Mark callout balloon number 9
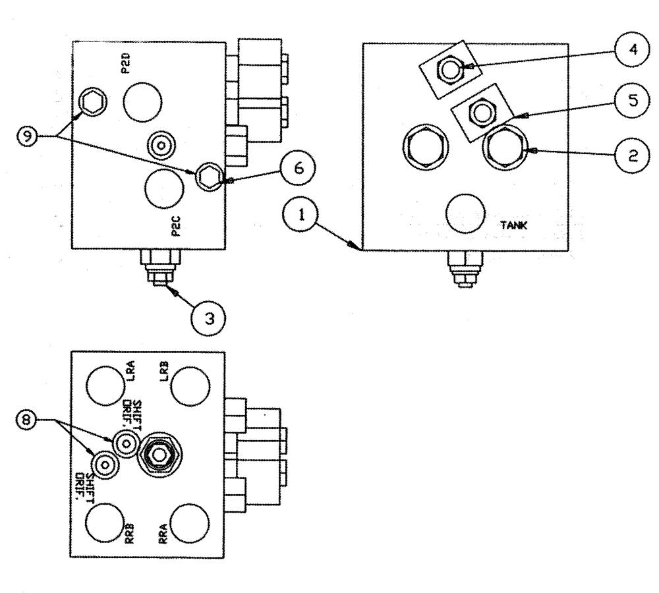click(x=28, y=136)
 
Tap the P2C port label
click(x=175, y=226)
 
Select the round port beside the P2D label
click(x=142, y=102)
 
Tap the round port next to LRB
click(x=191, y=384)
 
